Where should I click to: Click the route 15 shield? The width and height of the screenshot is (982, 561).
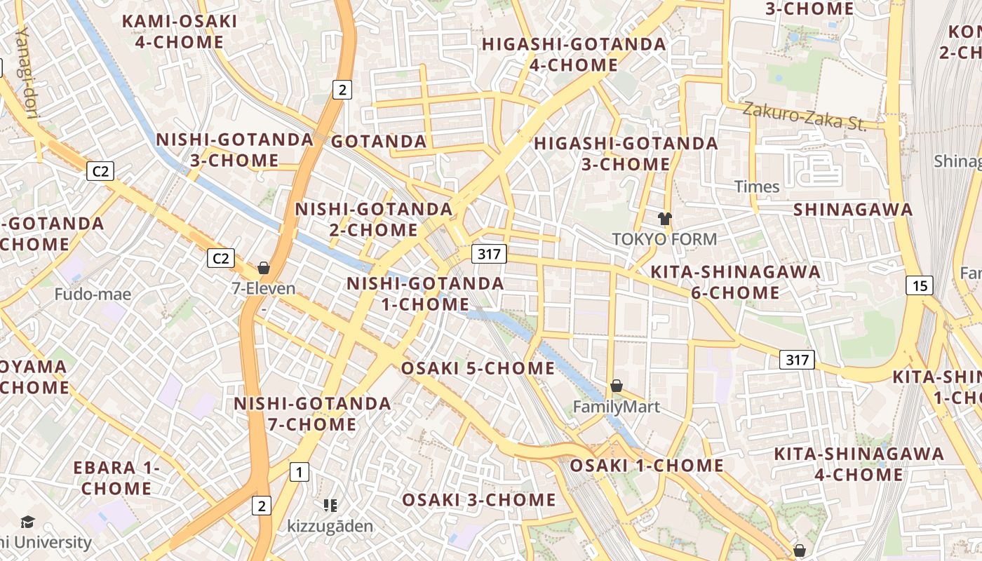pos(920,285)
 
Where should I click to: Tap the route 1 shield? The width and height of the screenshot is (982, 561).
pos(300,472)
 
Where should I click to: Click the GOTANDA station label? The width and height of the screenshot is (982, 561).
pos(379,142)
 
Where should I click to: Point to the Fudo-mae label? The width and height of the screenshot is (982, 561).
pos(93,294)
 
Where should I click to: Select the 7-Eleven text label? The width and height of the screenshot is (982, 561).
pos(264,288)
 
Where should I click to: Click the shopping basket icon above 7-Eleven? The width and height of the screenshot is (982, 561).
pos(264,268)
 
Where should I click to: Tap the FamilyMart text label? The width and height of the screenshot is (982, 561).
pos(617,407)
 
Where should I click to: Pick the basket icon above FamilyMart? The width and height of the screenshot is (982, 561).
pos(617,386)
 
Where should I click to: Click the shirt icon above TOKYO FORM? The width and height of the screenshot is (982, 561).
pos(665,219)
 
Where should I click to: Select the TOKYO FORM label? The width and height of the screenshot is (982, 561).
pos(665,239)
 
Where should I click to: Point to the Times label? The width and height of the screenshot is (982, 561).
pos(757,187)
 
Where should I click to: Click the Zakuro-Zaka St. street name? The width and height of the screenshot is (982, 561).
pos(805,116)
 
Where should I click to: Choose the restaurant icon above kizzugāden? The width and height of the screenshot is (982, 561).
pos(330,505)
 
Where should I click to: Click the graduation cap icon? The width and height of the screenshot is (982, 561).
pos(27,522)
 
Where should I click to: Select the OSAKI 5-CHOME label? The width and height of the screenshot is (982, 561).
pos(478,369)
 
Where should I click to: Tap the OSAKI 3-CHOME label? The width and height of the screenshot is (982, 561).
pos(478,500)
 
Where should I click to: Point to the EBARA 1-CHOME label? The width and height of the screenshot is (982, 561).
pos(116,478)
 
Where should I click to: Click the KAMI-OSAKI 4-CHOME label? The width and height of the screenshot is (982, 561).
pos(180,32)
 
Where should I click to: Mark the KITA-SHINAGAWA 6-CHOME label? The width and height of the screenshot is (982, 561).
pos(736,282)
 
